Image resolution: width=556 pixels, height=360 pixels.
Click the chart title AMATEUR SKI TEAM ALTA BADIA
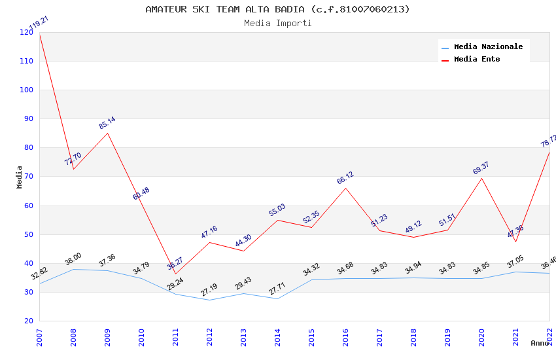pos(277,9)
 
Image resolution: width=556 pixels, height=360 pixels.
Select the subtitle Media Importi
pos(277,23)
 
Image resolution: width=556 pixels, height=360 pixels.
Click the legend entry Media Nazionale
pos(488,46)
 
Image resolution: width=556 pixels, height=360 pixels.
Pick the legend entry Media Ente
pos(477,59)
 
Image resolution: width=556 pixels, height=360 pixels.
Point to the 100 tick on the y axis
pos(26,90)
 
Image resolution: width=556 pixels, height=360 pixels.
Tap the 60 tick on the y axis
pos(28,206)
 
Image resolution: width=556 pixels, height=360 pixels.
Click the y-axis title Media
pos(20,177)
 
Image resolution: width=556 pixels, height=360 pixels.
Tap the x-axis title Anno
pos(540,343)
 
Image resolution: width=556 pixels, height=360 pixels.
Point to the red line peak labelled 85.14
pos(107,133)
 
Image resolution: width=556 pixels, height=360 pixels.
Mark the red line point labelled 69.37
pos(482,178)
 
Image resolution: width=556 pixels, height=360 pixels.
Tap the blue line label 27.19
pos(209,289)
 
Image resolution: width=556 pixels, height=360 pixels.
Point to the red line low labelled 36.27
pos(175,274)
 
